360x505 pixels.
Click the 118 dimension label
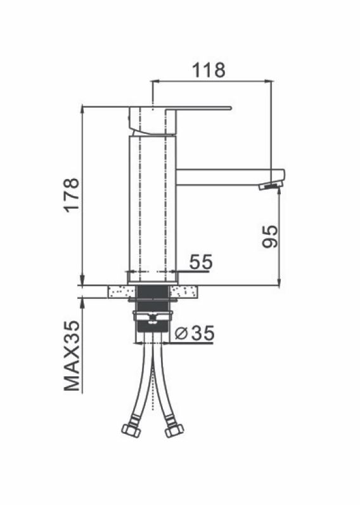tap(209, 70)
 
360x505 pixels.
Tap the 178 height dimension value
tap(72, 194)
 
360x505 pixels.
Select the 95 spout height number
tap(269, 236)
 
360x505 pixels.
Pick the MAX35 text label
tap(72, 356)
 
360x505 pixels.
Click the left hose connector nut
tap(131, 430)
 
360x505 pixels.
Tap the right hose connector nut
tap(174, 430)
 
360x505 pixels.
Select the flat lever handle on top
tap(180, 108)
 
